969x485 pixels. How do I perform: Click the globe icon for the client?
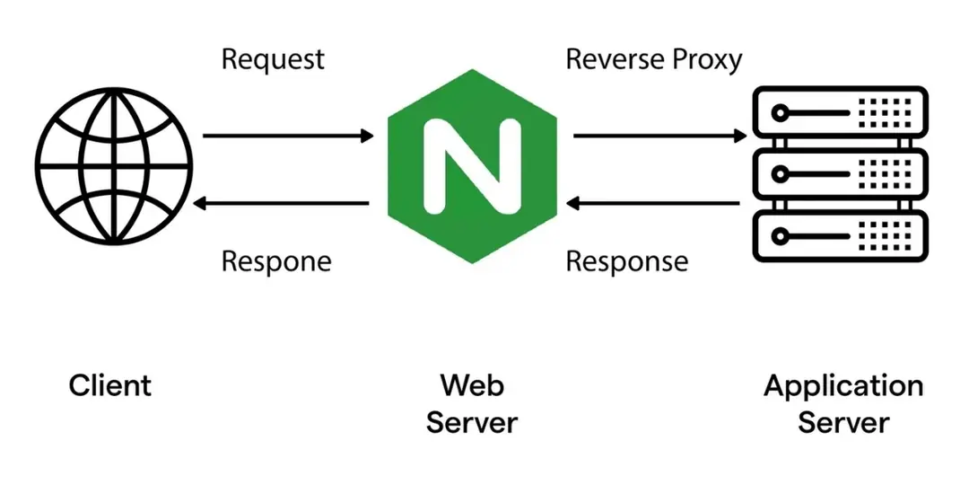pyautogui.click(x=113, y=169)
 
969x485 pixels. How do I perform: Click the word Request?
pyautogui.click(x=273, y=60)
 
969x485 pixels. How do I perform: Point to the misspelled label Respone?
pyautogui.click(x=276, y=262)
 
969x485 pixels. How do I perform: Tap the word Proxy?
pyautogui.click(x=708, y=61)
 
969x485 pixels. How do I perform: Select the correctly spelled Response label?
pyautogui.click(x=627, y=262)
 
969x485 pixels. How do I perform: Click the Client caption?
pyautogui.click(x=110, y=386)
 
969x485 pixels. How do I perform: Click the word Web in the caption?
pyautogui.click(x=472, y=386)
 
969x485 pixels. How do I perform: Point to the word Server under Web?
pyautogui.click(x=472, y=422)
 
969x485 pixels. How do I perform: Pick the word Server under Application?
pyautogui.click(x=843, y=422)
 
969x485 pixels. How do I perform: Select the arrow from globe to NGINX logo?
pyautogui.click(x=287, y=137)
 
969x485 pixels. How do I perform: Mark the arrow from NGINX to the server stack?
pyautogui.click(x=659, y=137)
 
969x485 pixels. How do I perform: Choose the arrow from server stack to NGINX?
pyautogui.click(x=655, y=204)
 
